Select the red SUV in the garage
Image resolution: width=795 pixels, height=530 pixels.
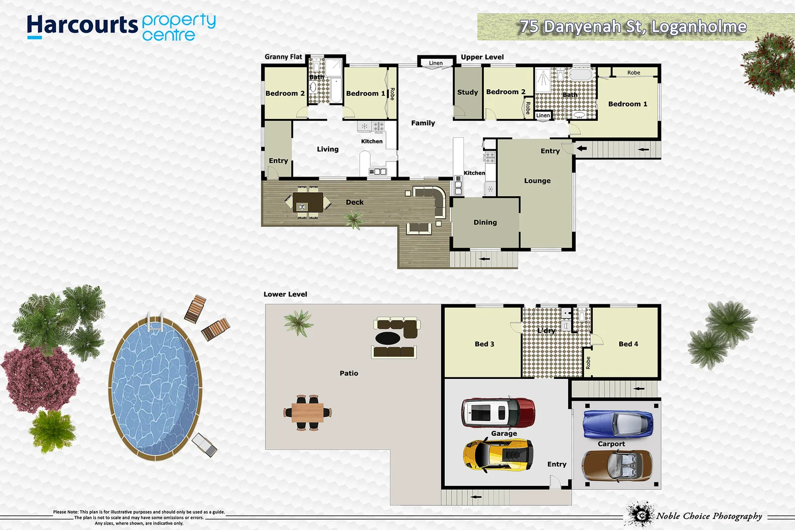click(498, 413)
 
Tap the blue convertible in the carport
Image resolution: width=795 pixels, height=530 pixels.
click(618, 424)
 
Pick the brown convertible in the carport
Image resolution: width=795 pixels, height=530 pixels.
click(617, 466)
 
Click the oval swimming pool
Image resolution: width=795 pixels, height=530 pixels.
click(155, 387)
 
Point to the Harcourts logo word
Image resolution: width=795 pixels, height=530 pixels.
click(82, 25)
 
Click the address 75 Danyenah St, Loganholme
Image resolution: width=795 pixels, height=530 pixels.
click(633, 26)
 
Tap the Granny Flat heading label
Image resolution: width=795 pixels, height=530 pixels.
click(283, 57)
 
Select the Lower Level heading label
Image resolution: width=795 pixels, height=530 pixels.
click(285, 294)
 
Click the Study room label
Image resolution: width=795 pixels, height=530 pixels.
click(467, 92)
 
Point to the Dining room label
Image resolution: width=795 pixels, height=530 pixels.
click(485, 222)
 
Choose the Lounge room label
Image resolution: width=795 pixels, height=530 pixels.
click(537, 181)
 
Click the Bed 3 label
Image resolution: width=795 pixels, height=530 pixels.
click(484, 344)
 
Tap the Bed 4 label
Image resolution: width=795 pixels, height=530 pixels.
click(628, 344)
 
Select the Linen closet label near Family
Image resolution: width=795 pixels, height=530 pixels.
click(435, 63)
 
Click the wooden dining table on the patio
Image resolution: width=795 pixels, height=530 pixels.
click(308, 413)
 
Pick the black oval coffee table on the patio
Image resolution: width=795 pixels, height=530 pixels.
click(388, 338)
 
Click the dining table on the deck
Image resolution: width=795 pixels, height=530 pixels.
click(308, 202)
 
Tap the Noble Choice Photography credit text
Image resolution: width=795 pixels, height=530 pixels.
click(709, 516)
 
